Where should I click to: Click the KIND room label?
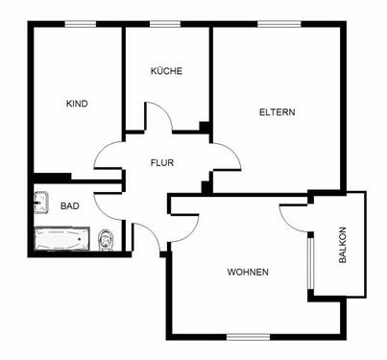click(x=77, y=104)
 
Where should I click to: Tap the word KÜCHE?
click(x=166, y=72)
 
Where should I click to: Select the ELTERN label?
click(x=277, y=112)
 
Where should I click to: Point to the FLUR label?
click(x=162, y=162)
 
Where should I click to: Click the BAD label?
click(x=69, y=206)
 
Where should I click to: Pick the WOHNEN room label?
click(x=248, y=272)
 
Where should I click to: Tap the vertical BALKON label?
click(x=343, y=246)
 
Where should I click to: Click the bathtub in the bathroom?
click(x=61, y=238)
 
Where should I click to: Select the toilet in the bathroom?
click(x=107, y=239)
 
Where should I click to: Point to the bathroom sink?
click(x=41, y=202)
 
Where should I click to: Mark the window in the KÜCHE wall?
click(x=166, y=23)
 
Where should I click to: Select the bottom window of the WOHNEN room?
click(x=248, y=335)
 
